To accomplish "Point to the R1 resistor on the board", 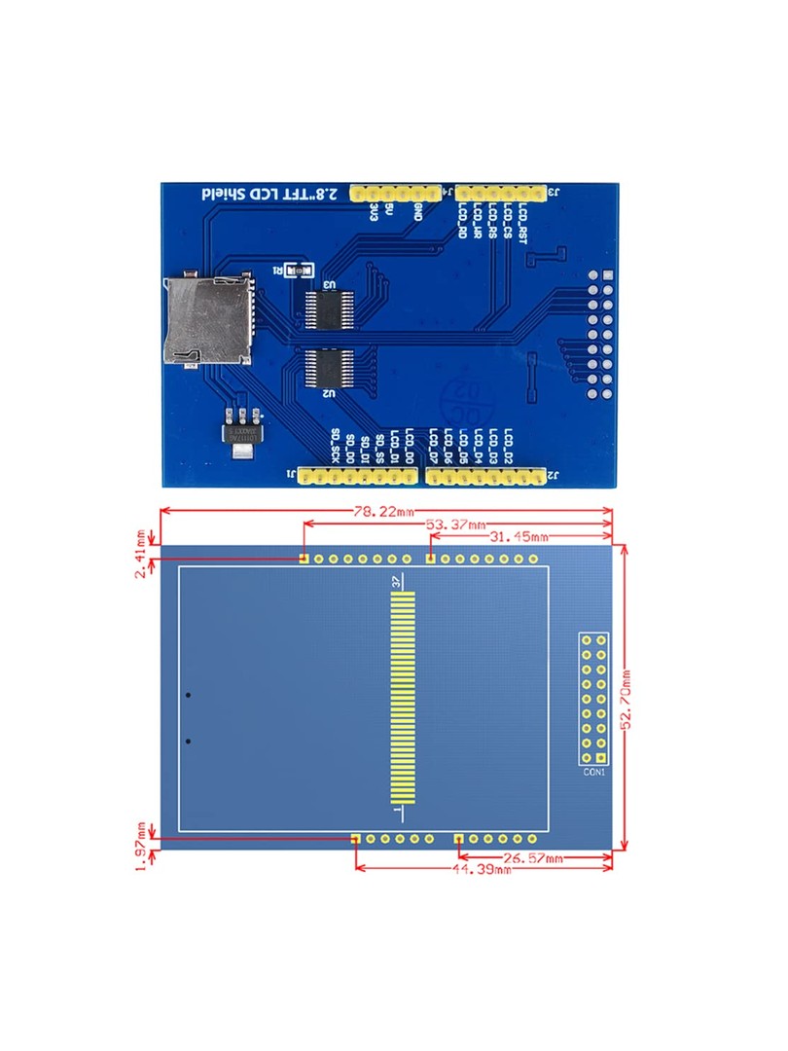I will [300, 271].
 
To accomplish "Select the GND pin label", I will [417, 212].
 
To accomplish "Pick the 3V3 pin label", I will [374, 213].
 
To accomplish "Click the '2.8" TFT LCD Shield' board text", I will [270, 193].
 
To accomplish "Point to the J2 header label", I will [552, 476].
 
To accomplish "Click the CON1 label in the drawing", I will [594, 774].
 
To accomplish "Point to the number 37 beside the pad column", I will [396, 581].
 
